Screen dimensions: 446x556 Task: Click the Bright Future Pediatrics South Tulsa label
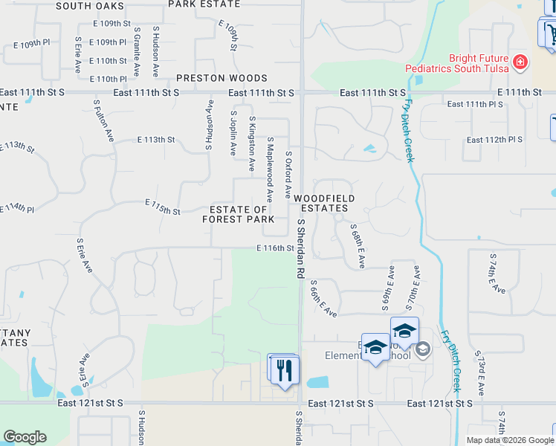457,63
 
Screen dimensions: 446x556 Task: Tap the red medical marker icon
520,62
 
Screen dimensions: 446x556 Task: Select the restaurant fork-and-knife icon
285,369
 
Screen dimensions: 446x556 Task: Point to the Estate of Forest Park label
238,214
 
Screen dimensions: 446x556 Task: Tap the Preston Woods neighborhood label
222,78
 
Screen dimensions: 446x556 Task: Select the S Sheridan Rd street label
301,249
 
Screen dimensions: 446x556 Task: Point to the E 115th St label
164,207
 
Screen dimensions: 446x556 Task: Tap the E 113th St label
156,139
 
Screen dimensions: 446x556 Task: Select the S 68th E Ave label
357,246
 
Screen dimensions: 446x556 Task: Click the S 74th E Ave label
497,273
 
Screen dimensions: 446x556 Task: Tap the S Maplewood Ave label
270,168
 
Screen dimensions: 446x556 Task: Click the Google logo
25,437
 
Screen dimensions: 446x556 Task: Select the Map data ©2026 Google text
511,440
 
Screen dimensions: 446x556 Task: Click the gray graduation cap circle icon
423,349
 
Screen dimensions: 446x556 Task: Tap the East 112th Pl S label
494,140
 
